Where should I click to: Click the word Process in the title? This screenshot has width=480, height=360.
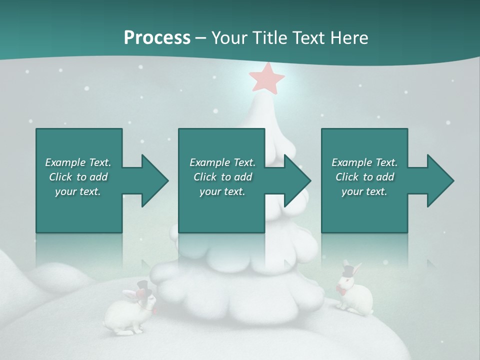click(157, 37)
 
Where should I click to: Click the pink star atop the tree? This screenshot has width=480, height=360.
click(267, 78)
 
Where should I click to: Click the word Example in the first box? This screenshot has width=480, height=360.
click(65, 162)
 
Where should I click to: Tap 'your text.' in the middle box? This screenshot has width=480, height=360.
click(222, 191)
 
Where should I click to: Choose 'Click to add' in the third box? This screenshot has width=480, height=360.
click(364, 177)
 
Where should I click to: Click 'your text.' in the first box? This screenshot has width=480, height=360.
click(78, 191)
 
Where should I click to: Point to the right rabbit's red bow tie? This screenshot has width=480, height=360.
click(342, 290)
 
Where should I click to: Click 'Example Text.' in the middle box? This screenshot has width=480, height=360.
click(222, 162)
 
